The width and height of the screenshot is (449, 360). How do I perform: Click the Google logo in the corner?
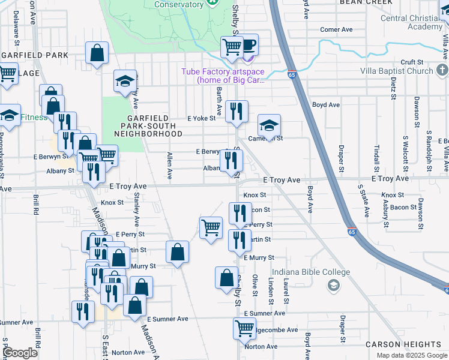[x=20, y=353]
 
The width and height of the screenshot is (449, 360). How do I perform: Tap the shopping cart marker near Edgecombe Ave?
[x=244, y=328]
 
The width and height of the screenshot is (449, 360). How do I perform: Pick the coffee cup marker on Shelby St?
[x=248, y=45]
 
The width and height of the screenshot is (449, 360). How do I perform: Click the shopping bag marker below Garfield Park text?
[x=97, y=52]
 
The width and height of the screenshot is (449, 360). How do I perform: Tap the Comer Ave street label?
[x=336, y=29]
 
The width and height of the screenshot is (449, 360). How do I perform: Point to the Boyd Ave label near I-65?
[x=326, y=104]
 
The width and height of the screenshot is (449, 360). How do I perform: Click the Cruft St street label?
[x=412, y=62]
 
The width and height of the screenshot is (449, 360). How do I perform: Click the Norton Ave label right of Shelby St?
[x=261, y=347]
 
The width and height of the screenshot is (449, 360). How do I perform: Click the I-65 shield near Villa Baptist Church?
[x=292, y=76]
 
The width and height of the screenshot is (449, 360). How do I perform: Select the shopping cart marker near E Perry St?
[x=211, y=228]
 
